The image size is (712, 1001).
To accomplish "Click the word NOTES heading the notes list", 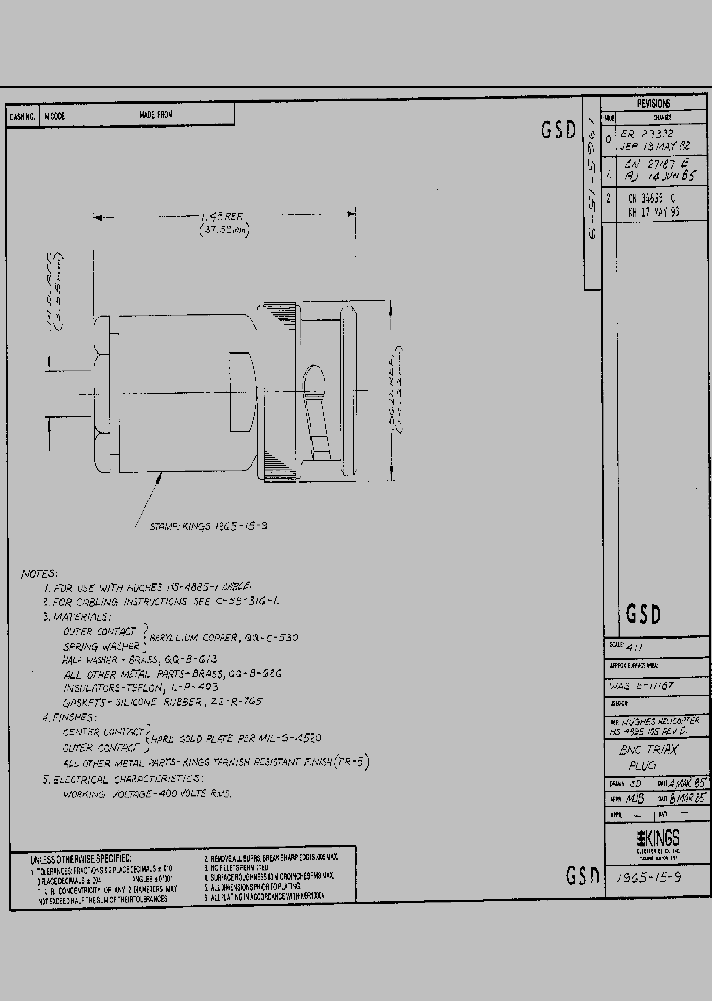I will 40,574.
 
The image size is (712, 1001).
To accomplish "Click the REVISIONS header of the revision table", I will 654,104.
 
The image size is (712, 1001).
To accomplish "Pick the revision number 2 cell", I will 610,197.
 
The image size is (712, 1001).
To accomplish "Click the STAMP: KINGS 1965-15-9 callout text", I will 197,527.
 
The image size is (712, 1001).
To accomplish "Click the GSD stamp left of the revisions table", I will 559,130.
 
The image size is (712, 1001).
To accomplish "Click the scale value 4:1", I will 621,648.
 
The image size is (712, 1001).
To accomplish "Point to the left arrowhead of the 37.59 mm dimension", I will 97,213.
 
